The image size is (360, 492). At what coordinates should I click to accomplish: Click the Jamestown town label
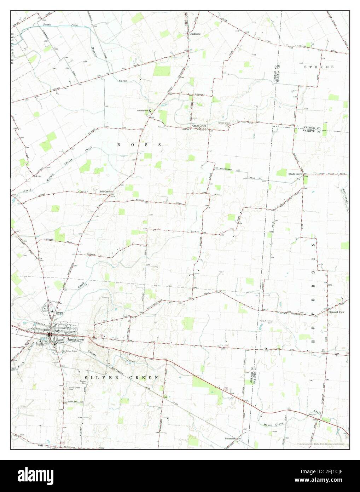coord(74,339)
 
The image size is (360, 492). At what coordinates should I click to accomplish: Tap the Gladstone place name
coord(194,34)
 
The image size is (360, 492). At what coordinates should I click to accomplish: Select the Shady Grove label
coord(295,174)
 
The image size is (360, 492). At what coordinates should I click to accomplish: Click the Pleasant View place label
coord(336,312)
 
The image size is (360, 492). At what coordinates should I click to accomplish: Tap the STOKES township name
coord(320,67)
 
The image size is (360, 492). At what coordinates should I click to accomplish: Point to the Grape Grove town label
coord(199,126)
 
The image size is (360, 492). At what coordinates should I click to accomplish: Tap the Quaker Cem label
coord(74,382)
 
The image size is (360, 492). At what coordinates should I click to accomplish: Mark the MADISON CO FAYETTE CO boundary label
coord(311,129)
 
